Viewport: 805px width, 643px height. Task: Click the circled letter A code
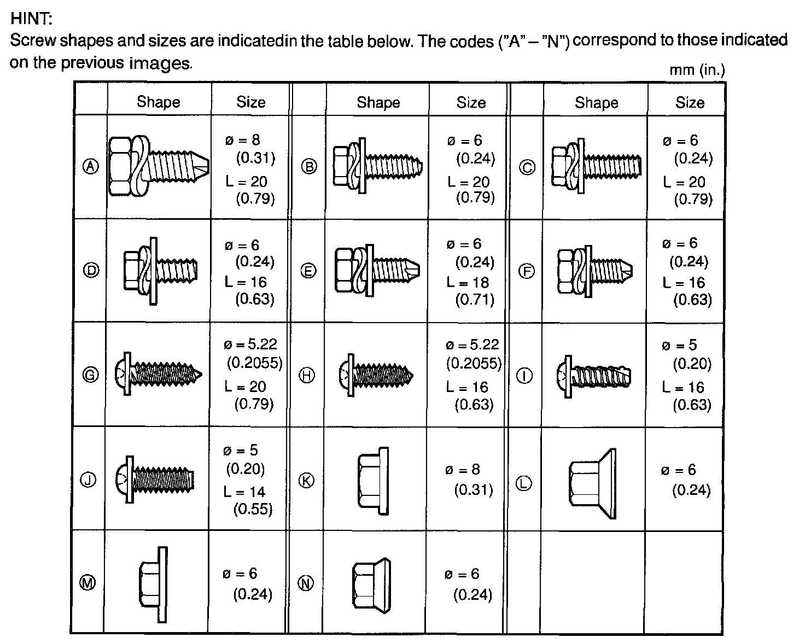[x=91, y=167]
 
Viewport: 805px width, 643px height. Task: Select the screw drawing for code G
[x=159, y=375]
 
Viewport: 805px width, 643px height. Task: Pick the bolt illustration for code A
[x=159, y=166]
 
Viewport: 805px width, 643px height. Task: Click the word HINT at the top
[x=32, y=19]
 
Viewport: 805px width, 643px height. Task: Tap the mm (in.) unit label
[x=697, y=71]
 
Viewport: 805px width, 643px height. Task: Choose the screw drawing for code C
[x=596, y=167]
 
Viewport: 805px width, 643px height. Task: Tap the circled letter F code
[x=526, y=271]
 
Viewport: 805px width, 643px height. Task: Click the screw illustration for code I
[x=594, y=376]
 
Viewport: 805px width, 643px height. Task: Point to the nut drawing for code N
[x=371, y=583]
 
